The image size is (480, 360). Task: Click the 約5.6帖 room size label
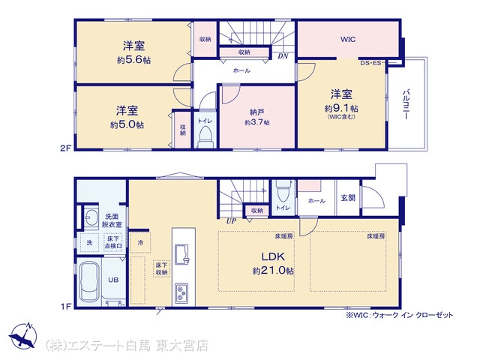(x=133, y=60)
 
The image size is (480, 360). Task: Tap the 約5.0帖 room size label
(x=127, y=124)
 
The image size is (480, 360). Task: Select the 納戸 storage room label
(x=257, y=112)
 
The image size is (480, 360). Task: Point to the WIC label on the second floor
(x=348, y=39)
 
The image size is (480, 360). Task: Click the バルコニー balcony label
(x=406, y=104)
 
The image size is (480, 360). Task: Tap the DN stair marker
(x=283, y=56)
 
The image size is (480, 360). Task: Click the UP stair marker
(x=231, y=220)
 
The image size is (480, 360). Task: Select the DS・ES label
(x=370, y=63)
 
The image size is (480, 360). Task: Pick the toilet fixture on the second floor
(x=205, y=137)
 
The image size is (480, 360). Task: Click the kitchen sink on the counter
(x=183, y=254)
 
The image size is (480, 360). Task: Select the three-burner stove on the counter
(x=181, y=293)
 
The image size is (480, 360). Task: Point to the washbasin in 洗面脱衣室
(x=91, y=218)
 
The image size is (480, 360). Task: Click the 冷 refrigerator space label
(x=140, y=243)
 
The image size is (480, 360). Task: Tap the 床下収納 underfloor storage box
(x=161, y=268)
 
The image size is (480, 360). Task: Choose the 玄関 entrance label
(x=348, y=198)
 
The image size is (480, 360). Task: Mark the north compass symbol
(x=23, y=336)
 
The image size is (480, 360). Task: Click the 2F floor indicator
(x=66, y=148)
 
